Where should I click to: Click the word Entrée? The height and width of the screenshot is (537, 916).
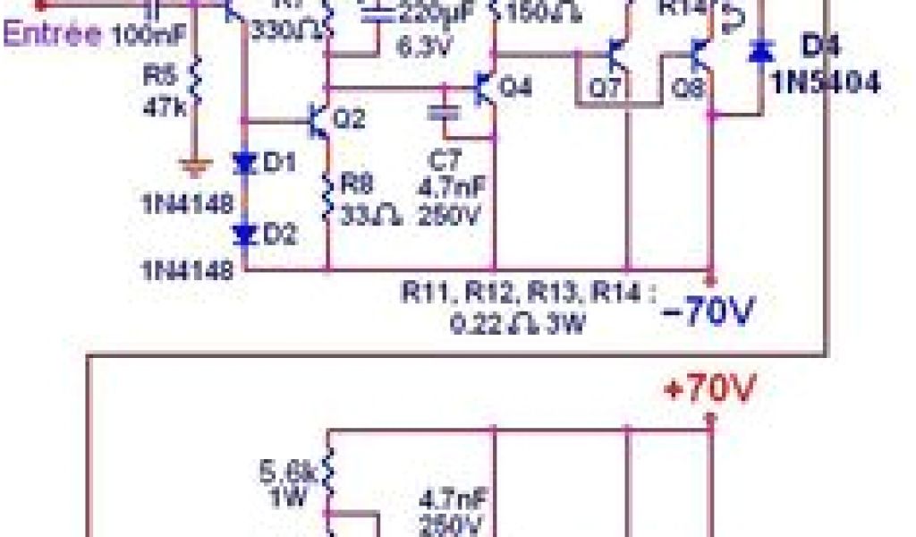click(x=53, y=35)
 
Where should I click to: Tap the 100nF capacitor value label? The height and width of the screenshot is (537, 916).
click(x=148, y=37)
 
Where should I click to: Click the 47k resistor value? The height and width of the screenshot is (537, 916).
click(x=162, y=106)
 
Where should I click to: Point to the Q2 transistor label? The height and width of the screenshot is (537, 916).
click(x=348, y=117)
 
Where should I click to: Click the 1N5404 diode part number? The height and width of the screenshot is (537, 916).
click(x=827, y=84)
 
